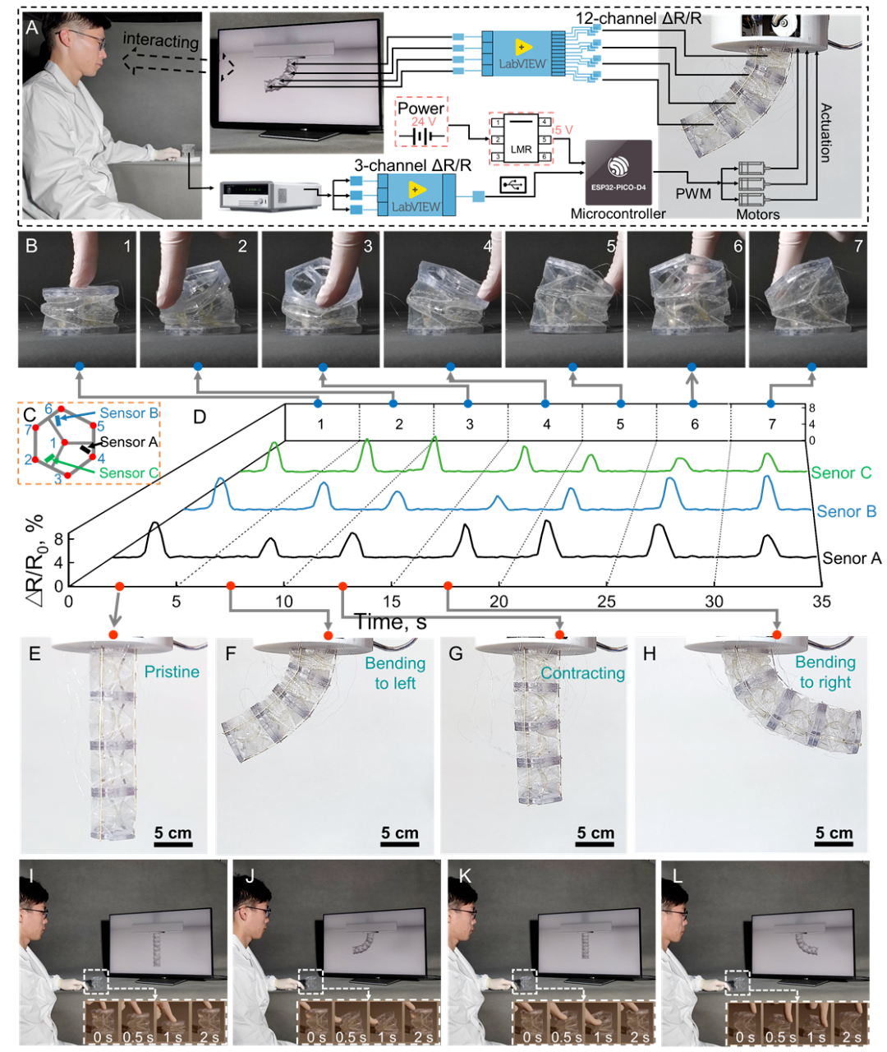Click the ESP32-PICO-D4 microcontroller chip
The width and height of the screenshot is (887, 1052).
[x=618, y=171]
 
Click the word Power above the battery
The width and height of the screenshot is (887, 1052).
[x=421, y=108]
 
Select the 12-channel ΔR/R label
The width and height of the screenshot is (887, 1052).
[x=638, y=17]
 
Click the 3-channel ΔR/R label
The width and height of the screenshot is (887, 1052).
[x=412, y=165]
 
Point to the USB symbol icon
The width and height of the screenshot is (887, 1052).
[x=513, y=187]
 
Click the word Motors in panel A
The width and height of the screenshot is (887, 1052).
[x=757, y=215]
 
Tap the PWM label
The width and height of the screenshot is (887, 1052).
[x=692, y=194]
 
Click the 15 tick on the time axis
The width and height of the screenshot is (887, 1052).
[x=392, y=602]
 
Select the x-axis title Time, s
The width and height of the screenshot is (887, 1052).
[x=390, y=622]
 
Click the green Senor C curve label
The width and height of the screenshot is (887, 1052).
[x=841, y=473]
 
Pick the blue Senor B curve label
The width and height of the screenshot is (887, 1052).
[x=846, y=511]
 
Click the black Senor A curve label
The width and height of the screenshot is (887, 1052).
[x=852, y=558]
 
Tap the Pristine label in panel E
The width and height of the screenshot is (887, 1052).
[x=172, y=671]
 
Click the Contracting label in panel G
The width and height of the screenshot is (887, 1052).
[x=582, y=673]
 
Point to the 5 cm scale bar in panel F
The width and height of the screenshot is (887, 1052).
[x=400, y=835]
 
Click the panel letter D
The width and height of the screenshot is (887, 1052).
[x=199, y=417]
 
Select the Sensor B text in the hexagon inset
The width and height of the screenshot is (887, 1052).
[x=129, y=413]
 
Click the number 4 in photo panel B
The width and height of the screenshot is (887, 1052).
[x=488, y=246]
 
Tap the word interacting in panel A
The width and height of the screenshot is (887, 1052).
[x=161, y=40]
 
